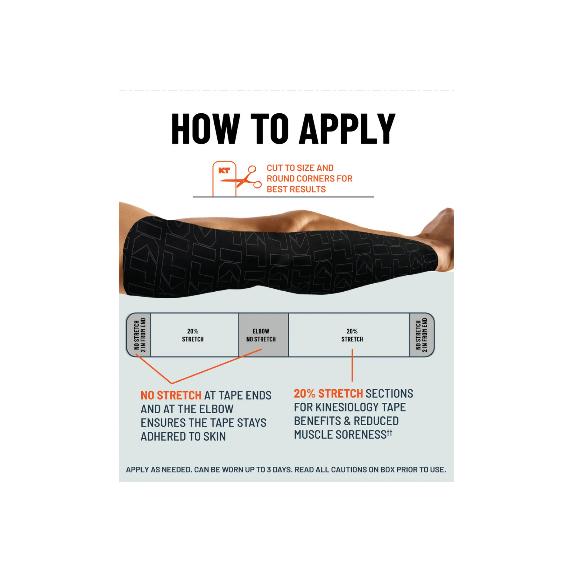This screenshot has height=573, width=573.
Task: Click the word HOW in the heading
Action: point(206,129)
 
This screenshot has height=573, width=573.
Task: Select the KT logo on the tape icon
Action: point(224,171)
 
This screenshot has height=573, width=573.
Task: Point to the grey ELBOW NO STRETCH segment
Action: point(264,335)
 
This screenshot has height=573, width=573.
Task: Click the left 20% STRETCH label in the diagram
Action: point(193,335)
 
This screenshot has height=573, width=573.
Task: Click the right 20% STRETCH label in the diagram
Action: point(352,335)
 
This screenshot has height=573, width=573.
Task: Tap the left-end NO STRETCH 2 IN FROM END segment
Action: point(139,335)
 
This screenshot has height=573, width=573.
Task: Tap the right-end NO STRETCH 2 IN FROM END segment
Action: point(421,335)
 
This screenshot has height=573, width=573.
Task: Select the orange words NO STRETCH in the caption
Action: point(171,395)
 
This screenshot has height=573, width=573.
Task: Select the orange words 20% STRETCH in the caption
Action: point(328,394)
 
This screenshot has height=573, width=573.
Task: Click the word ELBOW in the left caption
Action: point(216,409)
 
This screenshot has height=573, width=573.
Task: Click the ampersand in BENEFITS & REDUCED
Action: point(347,421)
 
